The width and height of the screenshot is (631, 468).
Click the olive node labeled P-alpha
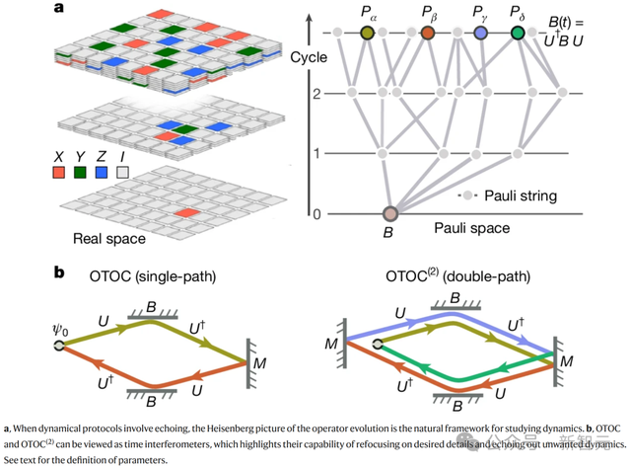coord(367,34)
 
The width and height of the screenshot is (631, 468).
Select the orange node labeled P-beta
coord(427,34)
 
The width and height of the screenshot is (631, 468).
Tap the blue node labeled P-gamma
coord(480,34)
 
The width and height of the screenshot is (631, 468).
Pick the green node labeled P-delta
coord(519,34)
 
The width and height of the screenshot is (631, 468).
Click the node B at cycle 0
coord(389,214)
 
